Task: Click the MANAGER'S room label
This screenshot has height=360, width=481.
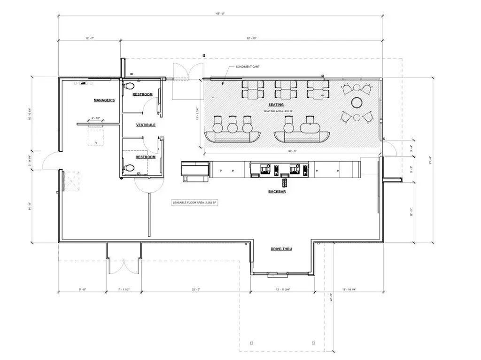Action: pos(104,101)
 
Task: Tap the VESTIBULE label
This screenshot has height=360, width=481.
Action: pos(146,125)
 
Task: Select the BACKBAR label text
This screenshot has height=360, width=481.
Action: pos(278,192)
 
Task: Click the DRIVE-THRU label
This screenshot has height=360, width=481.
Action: pos(281,249)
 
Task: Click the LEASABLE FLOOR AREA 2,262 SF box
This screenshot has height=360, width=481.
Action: pos(195,202)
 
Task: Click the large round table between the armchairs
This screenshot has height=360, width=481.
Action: pos(357,102)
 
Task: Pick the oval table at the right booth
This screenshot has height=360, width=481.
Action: pos(308,127)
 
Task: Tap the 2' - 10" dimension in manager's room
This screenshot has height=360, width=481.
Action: pos(96,118)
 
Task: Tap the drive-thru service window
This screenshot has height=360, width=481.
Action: pos(272,273)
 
